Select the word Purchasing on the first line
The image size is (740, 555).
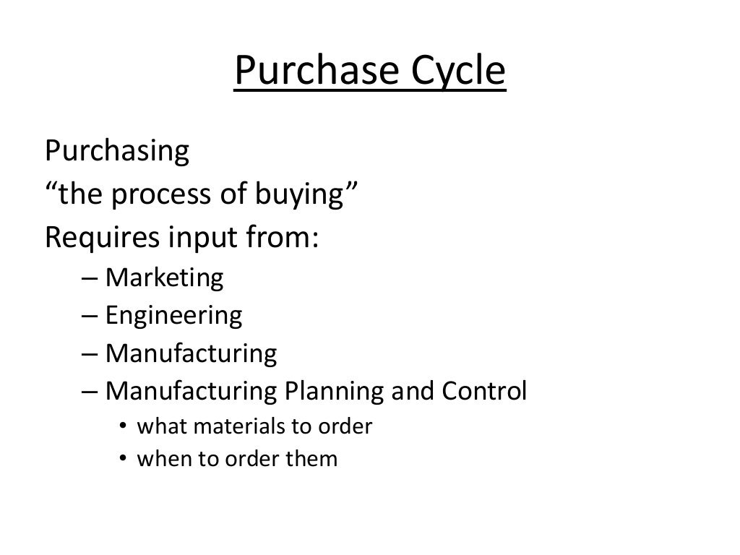click(x=117, y=152)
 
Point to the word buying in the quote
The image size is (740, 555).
click(x=313, y=195)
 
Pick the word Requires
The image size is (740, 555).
click(x=93, y=237)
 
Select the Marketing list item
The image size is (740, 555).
click(x=165, y=278)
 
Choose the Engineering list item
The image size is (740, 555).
click(x=173, y=316)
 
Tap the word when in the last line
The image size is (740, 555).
click(x=160, y=459)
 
